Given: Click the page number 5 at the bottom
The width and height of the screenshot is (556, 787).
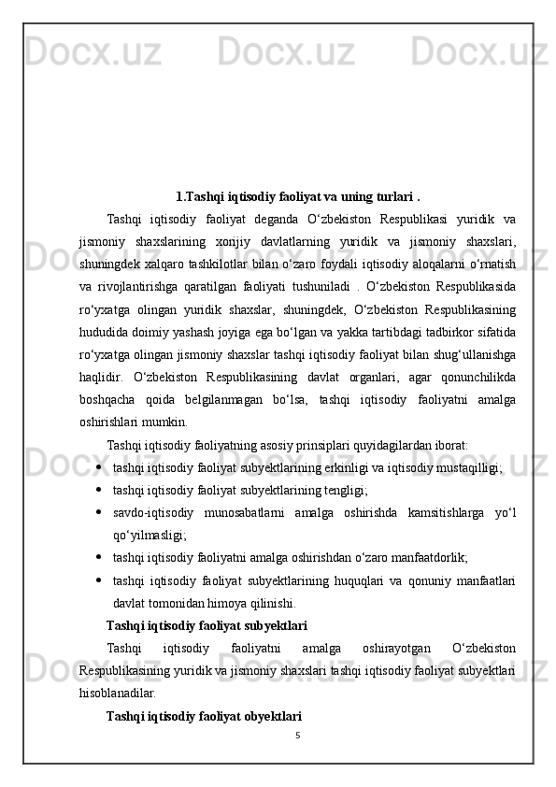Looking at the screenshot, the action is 296,735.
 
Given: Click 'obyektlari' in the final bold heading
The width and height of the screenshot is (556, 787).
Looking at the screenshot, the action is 271,715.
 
